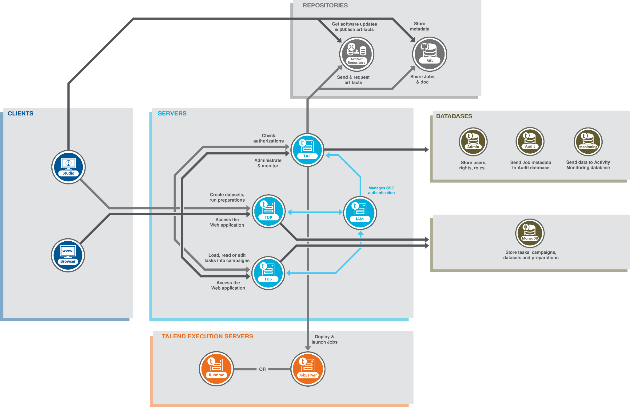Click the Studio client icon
(x=68, y=167)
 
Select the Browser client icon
(x=68, y=255)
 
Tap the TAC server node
(x=307, y=150)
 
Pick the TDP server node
(x=268, y=211)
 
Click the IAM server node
(x=360, y=213)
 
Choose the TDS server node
(x=268, y=273)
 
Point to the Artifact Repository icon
(x=357, y=54)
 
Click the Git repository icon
(x=429, y=54)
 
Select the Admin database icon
(x=473, y=142)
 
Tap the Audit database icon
(x=530, y=142)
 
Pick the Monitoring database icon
(x=588, y=142)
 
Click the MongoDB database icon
(x=530, y=233)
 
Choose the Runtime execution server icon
(x=216, y=369)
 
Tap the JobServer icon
(x=308, y=369)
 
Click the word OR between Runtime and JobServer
(x=262, y=369)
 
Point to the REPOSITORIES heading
(x=325, y=6)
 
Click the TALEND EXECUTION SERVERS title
(x=207, y=336)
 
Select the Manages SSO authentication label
(x=381, y=190)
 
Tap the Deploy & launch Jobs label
(x=325, y=339)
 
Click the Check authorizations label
(x=269, y=138)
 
